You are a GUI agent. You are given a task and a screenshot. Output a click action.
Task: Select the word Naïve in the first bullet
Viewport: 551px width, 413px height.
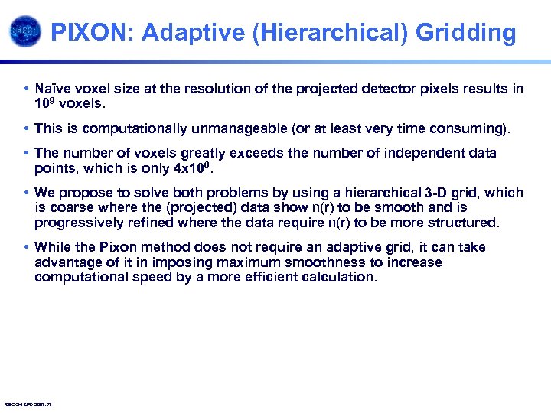point(54,89)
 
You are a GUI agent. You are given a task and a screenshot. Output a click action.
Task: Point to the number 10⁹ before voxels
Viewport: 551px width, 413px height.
point(45,103)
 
